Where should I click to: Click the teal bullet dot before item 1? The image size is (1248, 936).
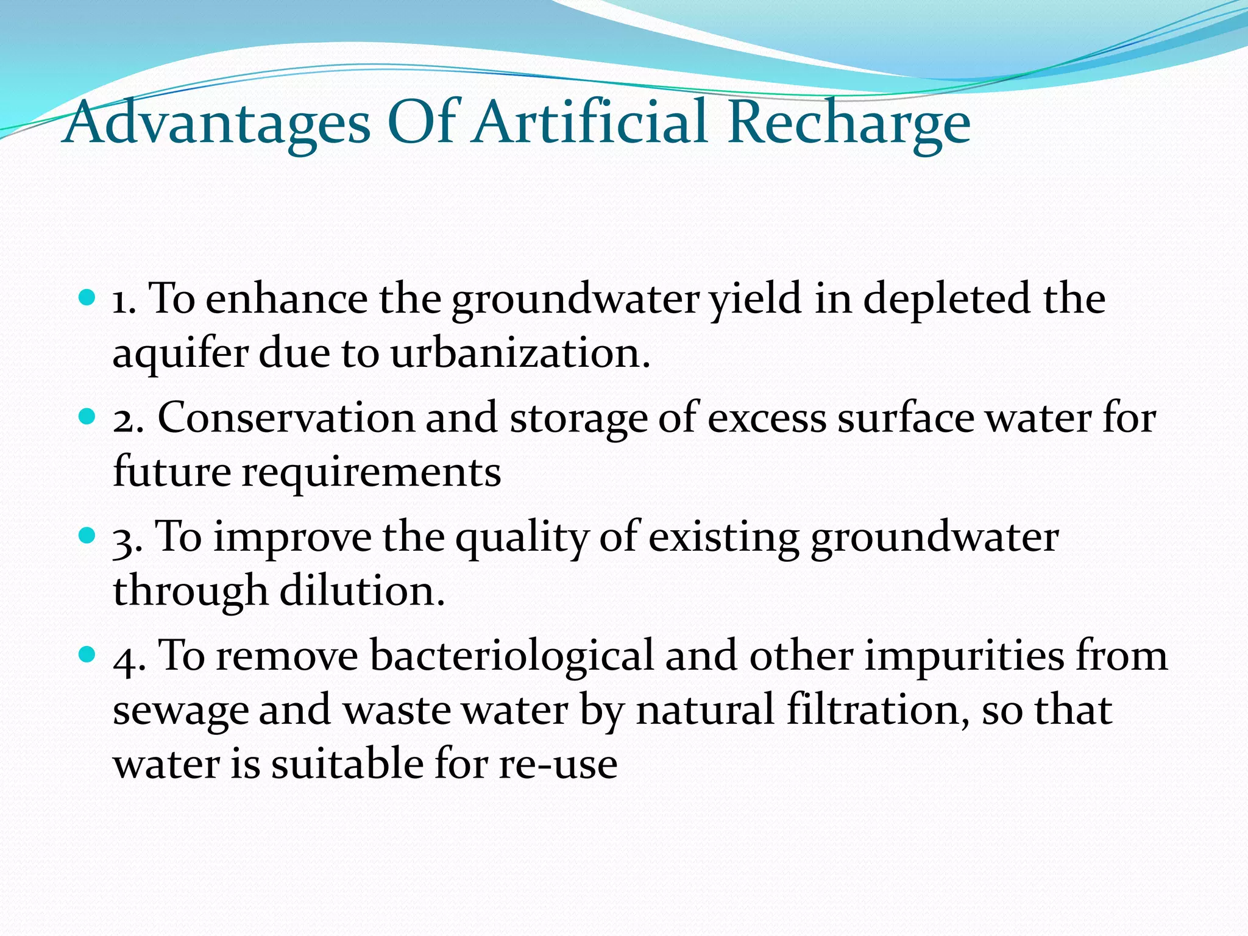(88, 298)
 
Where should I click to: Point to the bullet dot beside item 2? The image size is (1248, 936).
(88, 417)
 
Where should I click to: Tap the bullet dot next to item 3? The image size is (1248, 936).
(88, 536)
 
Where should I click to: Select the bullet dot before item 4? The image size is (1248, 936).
(88, 655)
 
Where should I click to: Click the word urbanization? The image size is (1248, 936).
(520, 353)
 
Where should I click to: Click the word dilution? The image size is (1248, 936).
(362, 591)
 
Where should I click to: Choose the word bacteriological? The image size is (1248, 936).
(512, 657)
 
